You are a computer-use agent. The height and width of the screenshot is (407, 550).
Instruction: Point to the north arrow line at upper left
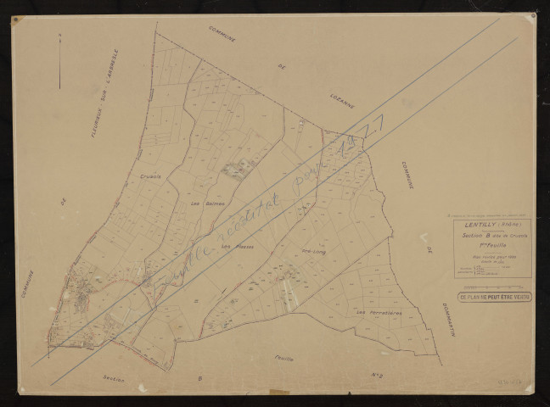click(x=60, y=61)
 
